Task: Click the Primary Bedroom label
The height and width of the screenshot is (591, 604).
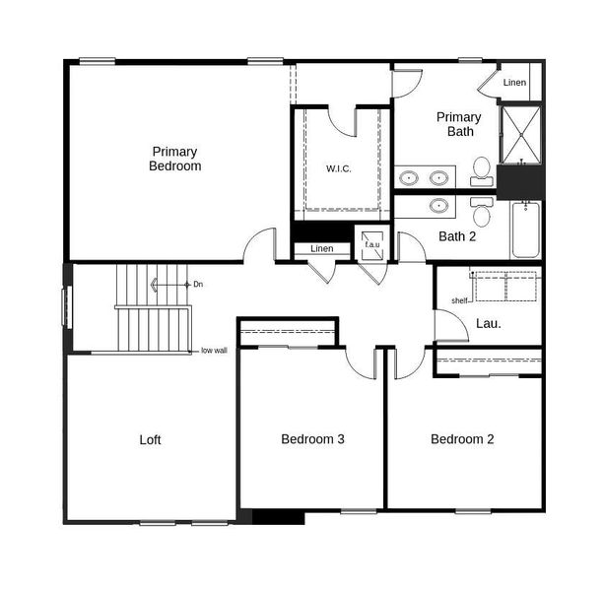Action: (x=174, y=159)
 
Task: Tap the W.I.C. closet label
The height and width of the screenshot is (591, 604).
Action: (x=339, y=168)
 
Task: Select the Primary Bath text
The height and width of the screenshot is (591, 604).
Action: (x=459, y=124)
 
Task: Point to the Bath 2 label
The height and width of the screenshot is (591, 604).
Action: (x=457, y=236)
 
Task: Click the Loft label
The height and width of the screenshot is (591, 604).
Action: (x=150, y=439)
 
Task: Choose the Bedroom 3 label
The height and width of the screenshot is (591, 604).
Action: (x=312, y=439)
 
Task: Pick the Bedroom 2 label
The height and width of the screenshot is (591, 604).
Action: (x=462, y=439)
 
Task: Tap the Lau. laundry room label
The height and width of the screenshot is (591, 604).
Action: (x=489, y=322)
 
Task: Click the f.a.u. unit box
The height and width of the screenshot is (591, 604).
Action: (x=372, y=245)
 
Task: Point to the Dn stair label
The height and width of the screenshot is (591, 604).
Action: (x=198, y=285)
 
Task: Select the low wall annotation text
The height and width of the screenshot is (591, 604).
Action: (x=214, y=350)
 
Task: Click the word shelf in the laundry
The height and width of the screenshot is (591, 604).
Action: (x=459, y=301)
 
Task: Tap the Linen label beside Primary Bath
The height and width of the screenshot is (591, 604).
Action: (x=514, y=82)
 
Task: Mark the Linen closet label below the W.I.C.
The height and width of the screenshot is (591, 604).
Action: (x=322, y=248)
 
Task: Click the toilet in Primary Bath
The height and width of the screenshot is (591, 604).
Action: (x=482, y=170)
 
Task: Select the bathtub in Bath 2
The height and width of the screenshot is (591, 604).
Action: (x=525, y=230)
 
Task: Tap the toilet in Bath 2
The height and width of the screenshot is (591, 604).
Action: (x=482, y=211)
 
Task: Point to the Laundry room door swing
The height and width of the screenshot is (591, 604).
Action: (x=448, y=326)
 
